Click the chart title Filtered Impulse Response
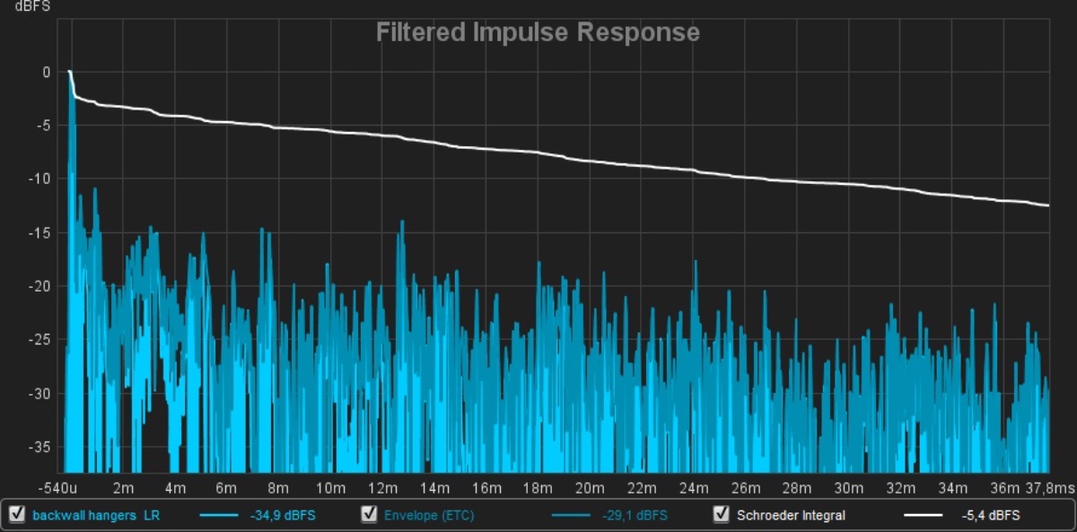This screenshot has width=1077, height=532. [x=537, y=33]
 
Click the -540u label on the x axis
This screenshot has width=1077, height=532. [x=57, y=487]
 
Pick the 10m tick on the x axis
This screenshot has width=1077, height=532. [x=331, y=487]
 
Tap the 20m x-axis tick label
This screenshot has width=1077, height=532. [x=590, y=487]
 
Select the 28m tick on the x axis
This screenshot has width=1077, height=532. [x=797, y=487]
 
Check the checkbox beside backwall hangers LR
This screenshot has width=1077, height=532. [x=16, y=515]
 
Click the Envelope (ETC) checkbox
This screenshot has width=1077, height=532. [x=369, y=515]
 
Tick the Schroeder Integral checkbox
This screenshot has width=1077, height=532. [x=721, y=515]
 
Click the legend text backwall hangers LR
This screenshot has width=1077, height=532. [x=95, y=516]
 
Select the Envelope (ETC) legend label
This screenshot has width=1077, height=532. [x=429, y=516]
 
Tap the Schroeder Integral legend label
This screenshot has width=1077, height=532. [x=791, y=516]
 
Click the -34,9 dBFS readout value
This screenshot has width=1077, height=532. [x=283, y=516]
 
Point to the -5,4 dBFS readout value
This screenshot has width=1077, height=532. [x=990, y=516]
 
